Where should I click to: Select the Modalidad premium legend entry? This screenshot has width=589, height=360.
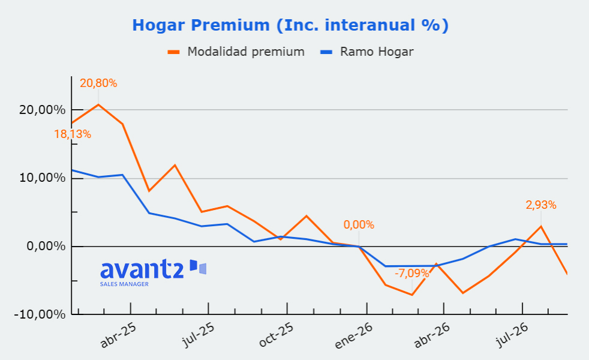[x=236, y=52]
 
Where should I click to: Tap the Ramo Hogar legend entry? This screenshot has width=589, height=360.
[x=366, y=52]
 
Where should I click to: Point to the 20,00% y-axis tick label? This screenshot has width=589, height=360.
[x=42, y=110]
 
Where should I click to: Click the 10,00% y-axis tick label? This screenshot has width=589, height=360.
[x=42, y=178]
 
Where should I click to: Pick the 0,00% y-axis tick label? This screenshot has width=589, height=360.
[x=46, y=246]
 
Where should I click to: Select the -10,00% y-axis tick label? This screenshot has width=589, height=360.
[x=40, y=314]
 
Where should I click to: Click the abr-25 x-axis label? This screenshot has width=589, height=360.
[x=118, y=335]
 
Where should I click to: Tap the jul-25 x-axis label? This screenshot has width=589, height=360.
[x=198, y=335]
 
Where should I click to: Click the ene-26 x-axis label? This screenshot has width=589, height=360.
[x=354, y=336]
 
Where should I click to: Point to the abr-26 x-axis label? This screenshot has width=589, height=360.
[x=432, y=335]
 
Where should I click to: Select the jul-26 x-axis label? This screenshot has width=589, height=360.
[x=512, y=335]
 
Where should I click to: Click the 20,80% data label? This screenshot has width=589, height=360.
[x=98, y=83]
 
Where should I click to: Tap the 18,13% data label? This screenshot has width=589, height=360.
[x=73, y=134]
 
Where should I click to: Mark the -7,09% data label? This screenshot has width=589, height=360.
[x=411, y=273]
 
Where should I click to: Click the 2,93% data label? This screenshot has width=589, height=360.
[x=541, y=205]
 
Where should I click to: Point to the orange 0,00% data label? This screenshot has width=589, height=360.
[x=359, y=225]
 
